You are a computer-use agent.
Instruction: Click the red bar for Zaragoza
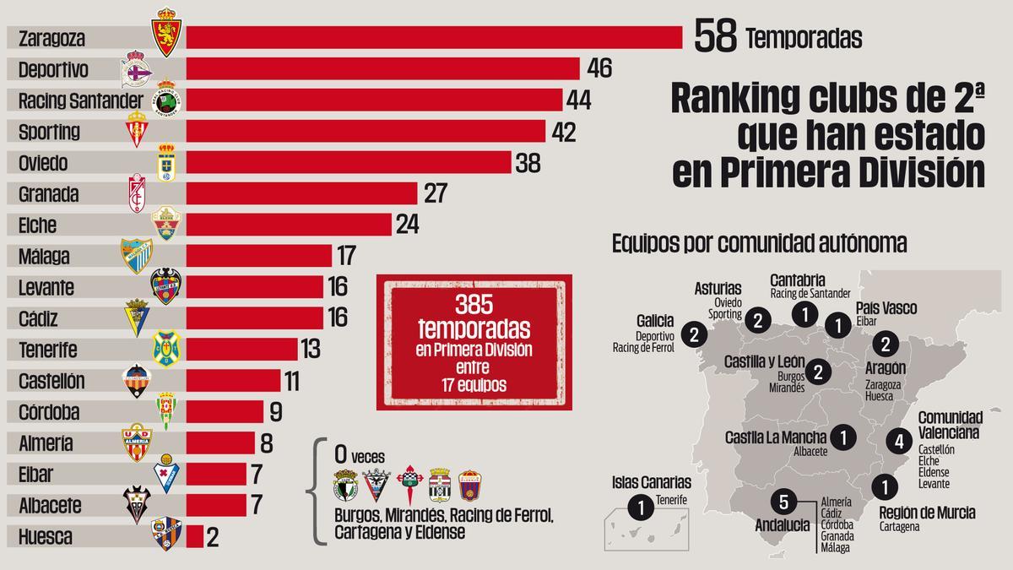coord(434,38)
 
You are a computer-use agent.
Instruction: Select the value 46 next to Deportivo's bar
coord(599,69)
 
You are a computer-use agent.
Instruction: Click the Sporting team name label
coord(49,132)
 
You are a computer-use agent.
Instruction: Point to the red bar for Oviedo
coord(349,163)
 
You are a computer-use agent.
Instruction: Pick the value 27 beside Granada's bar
coord(435,194)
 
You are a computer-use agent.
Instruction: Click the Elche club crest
coord(166,224)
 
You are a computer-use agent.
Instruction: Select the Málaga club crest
coord(136,255)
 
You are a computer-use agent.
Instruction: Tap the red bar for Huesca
coord(194,537)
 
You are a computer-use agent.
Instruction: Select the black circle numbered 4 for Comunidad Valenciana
coord(900,440)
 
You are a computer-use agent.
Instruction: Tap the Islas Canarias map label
coord(652,482)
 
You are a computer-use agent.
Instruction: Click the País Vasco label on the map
coord(886,308)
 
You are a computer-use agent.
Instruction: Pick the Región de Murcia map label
coord(926,513)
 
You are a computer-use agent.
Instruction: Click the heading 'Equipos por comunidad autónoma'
coord(759,244)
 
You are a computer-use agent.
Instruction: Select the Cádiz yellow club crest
coord(137,317)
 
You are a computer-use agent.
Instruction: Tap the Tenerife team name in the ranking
coord(47,350)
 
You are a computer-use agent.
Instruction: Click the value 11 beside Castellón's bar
coord(292,381)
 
